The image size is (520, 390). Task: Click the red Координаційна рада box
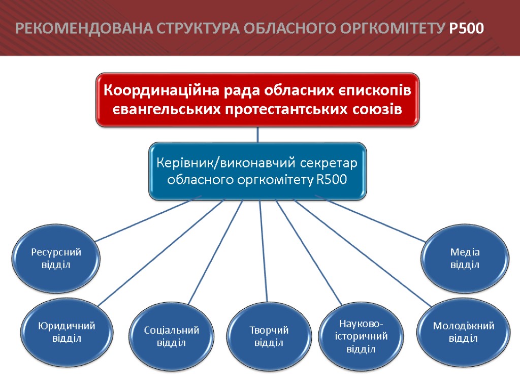point(257,100)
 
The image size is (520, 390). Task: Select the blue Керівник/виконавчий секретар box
point(257,171)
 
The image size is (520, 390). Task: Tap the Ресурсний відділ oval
point(56,258)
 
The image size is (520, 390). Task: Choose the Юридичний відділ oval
point(67,332)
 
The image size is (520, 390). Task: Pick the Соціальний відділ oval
point(172,336)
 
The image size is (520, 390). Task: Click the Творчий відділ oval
point(269,336)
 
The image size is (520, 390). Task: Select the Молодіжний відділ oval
point(463,332)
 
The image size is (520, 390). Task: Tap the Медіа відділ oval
point(465,258)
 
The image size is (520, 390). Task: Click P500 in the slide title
point(467,29)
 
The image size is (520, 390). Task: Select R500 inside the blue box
point(332,180)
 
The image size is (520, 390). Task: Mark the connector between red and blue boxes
point(257,135)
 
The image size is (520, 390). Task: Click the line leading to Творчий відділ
point(263,249)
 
